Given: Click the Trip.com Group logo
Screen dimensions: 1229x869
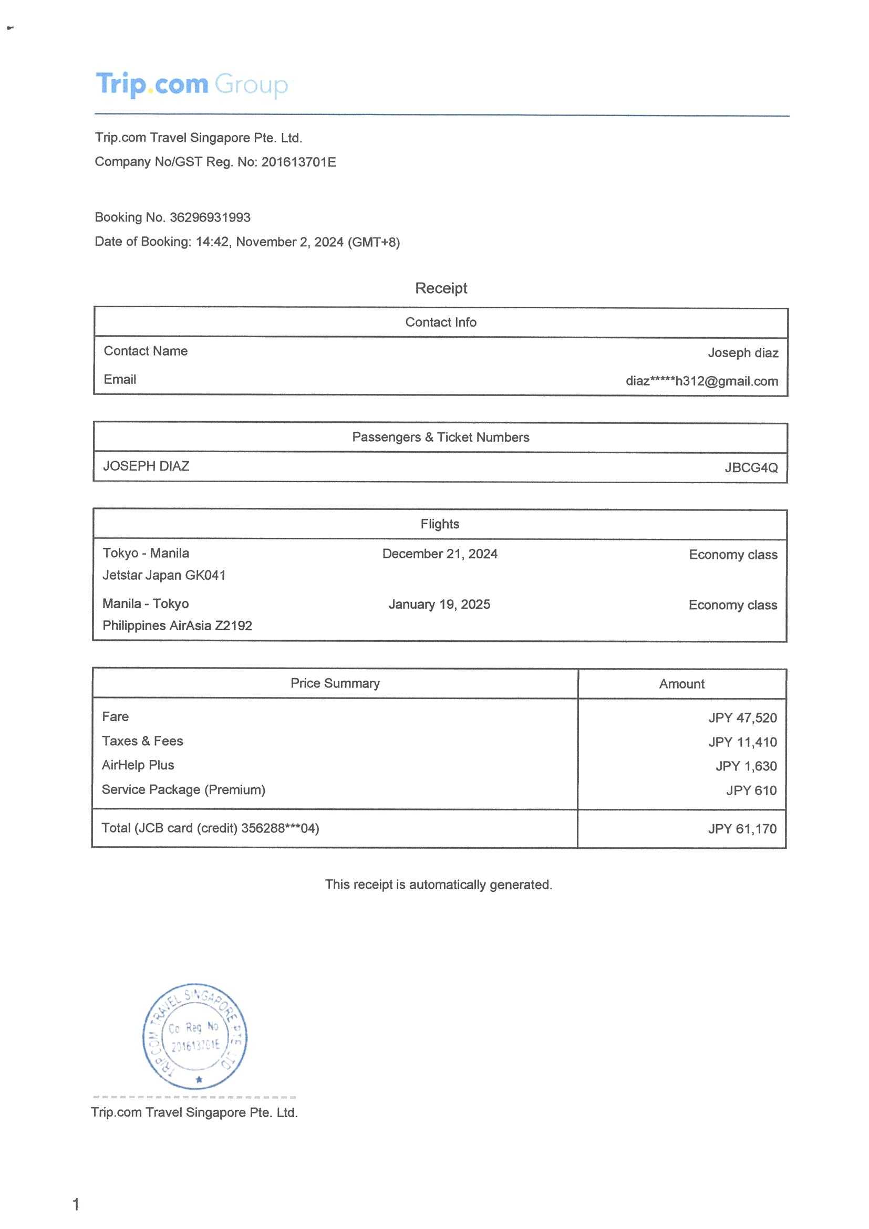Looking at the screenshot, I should coord(191,85).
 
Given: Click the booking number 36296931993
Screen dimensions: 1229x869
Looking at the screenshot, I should coord(210,217).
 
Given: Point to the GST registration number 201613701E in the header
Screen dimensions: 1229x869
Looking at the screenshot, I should coord(298,162).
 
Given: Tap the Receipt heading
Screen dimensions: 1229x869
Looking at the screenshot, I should coord(441,288).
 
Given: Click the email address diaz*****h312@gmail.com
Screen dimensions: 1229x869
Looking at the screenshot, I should coord(701,381).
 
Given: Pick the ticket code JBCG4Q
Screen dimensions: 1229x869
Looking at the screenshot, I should coord(751,467).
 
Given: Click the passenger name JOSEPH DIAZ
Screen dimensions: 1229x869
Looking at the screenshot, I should coord(146,466).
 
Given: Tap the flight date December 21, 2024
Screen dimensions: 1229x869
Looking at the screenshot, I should coord(440,554).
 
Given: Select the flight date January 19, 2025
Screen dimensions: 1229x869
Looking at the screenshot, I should coord(439,605).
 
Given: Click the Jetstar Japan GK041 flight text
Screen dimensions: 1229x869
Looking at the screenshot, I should coord(164,575).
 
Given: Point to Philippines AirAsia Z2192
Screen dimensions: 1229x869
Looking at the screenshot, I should coord(177,625).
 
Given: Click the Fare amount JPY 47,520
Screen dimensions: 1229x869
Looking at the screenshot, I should coord(742,718).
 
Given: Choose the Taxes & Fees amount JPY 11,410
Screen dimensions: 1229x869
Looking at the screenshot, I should coord(742,742).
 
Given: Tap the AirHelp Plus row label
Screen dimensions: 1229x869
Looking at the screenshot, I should coord(138,765).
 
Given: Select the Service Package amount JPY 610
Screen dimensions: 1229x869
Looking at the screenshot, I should coord(751,790).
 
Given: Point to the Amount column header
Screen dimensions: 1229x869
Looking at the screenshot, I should coord(681,683).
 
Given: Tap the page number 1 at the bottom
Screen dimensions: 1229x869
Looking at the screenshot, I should coord(76,1204).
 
